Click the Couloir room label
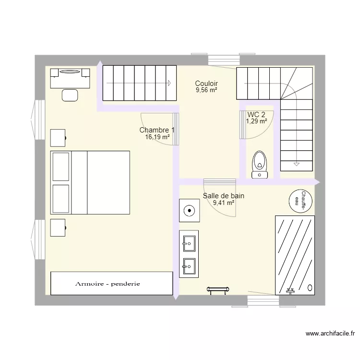click(x=206, y=84)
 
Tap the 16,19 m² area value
click(x=157, y=137)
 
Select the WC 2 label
click(x=256, y=115)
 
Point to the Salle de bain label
click(x=223, y=196)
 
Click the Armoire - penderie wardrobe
click(x=111, y=283)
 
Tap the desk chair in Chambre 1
click(x=70, y=95)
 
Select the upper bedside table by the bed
click(x=58, y=138)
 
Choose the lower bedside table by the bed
click(x=58, y=228)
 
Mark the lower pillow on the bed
click(x=61, y=197)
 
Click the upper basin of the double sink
click(x=189, y=243)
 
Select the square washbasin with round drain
click(x=190, y=210)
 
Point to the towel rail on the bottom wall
click(x=219, y=289)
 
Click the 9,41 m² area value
click(x=223, y=203)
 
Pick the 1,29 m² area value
click(x=256, y=121)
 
